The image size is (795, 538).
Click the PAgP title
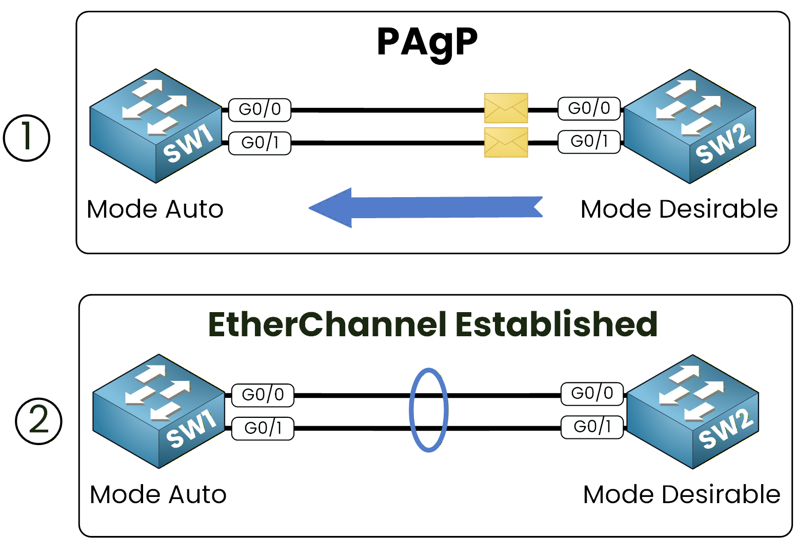pyautogui.click(x=427, y=43)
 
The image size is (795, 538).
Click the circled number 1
pyautogui.click(x=27, y=138)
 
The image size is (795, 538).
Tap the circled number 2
pyautogui.click(x=38, y=421)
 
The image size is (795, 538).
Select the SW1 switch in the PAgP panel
pyautogui.click(x=156, y=126)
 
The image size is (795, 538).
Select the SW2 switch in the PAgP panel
pyautogui.click(x=689, y=126)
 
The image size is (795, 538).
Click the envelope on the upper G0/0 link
pyautogui.click(x=506, y=108)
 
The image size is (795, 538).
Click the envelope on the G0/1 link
pyautogui.click(x=506, y=142)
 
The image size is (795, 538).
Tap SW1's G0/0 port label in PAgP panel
pyautogui.click(x=260, y=110)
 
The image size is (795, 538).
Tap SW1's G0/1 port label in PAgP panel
pyautogui.click(x=260, y=143)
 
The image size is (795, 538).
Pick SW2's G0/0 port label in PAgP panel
pyautogui.click(x=589, y=108)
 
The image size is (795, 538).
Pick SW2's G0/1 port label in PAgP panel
pyautogui.click(x=589, y=141)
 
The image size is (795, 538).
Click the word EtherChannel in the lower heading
pyautogui.click(x=327, y=324)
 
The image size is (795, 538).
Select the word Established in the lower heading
pyautogui.click(x=556, y=324)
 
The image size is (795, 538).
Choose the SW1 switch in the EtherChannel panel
pyautogui.click(x=159, y=411)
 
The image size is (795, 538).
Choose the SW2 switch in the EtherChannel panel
pyautogui.click(x=692, y=411)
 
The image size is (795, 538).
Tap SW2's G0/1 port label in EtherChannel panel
pyautogui.click(x=592, y=427)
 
